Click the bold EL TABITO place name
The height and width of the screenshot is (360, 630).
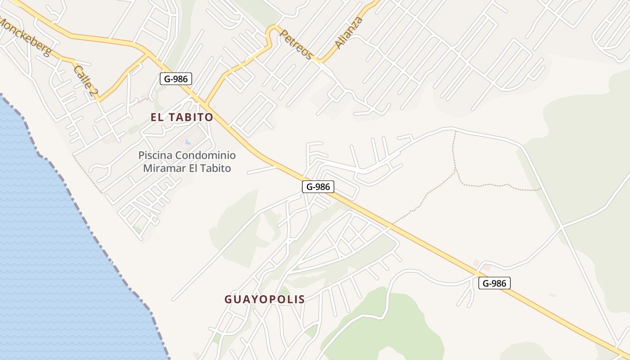[x=182, y=117]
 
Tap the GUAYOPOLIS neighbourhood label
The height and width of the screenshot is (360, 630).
[x=265, y=299]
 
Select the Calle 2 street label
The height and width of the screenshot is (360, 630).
[x=85, y=81]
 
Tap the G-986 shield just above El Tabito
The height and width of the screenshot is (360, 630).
[x=176, y=79]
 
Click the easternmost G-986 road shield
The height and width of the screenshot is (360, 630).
[x=494, y=283]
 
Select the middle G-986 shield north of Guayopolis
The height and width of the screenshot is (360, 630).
[x=318, y=187]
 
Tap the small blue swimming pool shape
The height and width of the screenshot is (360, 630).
[x=188, y=142]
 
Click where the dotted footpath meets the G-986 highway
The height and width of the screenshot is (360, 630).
[x=392, y=224]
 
